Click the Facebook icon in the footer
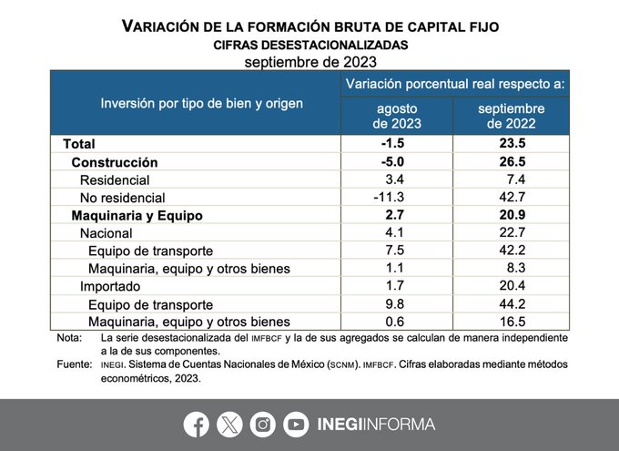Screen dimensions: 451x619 pyautogui.click(x=196, y=424)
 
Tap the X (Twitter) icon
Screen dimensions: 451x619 pyautogui.click(x=230, y=424)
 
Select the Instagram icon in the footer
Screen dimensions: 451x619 pyautogui.click(x=263, y=424)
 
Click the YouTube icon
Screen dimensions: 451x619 pyautogui.click(x=296, y=424)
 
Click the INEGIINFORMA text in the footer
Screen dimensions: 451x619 pyautogui.click(x=376, y=424)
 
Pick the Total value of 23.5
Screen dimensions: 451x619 pyautogui.click(x=511, y=144)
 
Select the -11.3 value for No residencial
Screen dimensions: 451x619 pyautogui.click(x=397, y=198)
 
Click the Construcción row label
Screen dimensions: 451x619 pyautogui.click(x=115, y=162)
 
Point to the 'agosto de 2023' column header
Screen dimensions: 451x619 pyautogui.click(x=397, y=116)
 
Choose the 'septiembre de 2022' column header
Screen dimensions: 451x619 pyautogui.click(x=511, y=116)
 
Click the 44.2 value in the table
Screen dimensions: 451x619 pyautogui.click(x=511, y=304)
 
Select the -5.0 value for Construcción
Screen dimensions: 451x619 pyautogui.click(x=397, y=162)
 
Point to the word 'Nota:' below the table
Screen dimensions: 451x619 pyautogui.click(x=69, y=338)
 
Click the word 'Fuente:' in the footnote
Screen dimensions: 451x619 pyautogui.click(x=74, y=364)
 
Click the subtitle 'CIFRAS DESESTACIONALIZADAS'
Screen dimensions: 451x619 pyautogui.click(x=309, y=45)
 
